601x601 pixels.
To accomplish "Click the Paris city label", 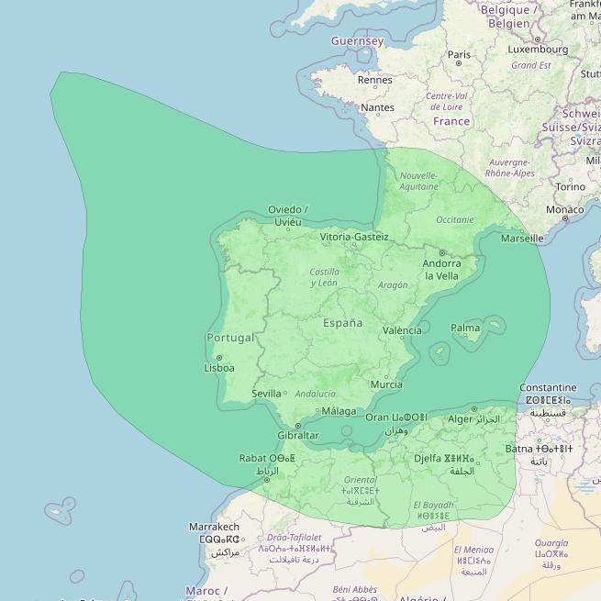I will [x=460, y=54].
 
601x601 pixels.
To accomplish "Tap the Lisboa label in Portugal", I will [x=219, y=368].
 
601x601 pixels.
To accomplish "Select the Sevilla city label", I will [x=266, y=394].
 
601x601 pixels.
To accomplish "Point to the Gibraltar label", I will [x=298, y=435].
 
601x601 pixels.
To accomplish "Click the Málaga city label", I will [x=339, y=411].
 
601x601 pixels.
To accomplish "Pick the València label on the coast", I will [x=402, y=330].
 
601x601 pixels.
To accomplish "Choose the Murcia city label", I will [x=386, y=384].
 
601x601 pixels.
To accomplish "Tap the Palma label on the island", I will [x=465, y=328].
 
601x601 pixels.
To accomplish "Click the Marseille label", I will [x=522, y=239].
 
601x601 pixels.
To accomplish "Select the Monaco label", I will [x=564, y=209].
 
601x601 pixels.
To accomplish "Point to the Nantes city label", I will [x=377, y=107].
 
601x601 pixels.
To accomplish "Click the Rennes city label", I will [x=374, y=80].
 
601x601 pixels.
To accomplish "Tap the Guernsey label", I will [x=357, y=41].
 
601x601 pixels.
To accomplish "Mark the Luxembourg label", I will [x=537, y=50].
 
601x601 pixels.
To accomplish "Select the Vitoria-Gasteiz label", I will [x=354, y=237].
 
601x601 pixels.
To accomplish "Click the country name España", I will [x=342, y=323].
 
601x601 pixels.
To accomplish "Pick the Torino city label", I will [x=570, y=186].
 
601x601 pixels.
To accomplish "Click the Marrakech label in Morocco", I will [x=214, y=527].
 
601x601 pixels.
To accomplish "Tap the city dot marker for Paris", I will [x=459, y=63].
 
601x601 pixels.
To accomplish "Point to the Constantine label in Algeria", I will [x=548, y=388].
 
